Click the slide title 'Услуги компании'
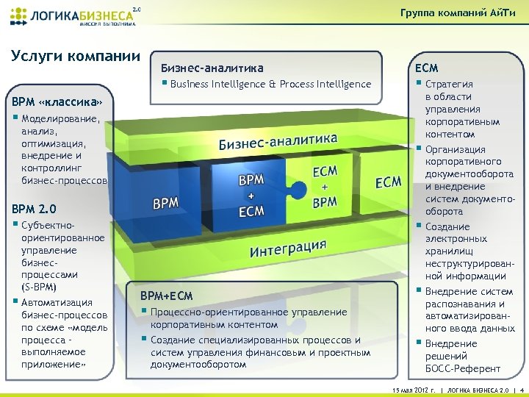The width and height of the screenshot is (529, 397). pyautogui.click(x=76, y=56)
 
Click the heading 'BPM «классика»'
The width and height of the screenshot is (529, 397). pyautogui.click(x=56, y=101)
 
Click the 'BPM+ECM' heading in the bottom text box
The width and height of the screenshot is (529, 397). pyautogui.click(x=166, y=296)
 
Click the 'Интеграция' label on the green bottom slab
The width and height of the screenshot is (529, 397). pyautogui.click(x=288, y=247)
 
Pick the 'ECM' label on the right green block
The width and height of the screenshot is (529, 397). pyautogui.click(x=389, y=181)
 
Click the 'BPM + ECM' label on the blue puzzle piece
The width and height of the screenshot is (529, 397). pyautogui.click(x=251, y=195)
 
